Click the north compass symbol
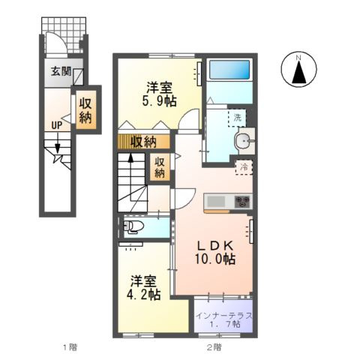pyautogui.click(x=298, y=72)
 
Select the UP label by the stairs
pyautogui.click(x=56, y=125)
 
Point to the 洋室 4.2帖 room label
pyautogui.click(x=143, y=289)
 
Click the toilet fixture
pyautogui.click(x=134, y=225)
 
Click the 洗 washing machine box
pyautogui.click(x=237, y=118)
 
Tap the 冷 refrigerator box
pyautogui.click(x=244, y=168)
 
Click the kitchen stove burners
pyautogui.click(x=243, y=201)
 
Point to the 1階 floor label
pyautogui.click(x=69, y=347)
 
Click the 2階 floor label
pyautogui.click(x=213, y=347)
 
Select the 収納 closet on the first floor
pyautogui.click(x=85, y=109)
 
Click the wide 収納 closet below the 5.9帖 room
pyautogui.click(x=144, y=141)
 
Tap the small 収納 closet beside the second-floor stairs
pyautogui.click(x=160, y=167)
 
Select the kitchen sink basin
pyautogui.click(x=216, y=201)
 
